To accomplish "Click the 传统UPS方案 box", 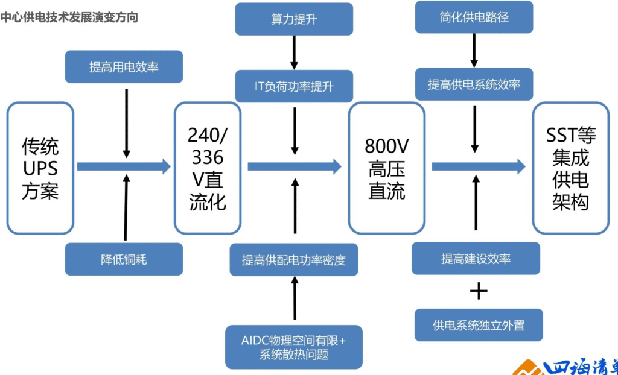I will [40, 168].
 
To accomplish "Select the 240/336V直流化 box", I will [207, 168].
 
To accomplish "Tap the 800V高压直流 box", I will [387, 168].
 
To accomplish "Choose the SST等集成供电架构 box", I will [570, 168].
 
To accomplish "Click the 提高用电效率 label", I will [124, 67].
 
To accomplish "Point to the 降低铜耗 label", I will [124, 259].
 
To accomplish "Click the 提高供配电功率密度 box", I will [294, 260].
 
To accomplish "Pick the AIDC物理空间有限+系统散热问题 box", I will [294, 347].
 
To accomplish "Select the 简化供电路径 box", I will [474, 17].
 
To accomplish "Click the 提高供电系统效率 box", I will [474, 84].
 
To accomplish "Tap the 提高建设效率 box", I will [476, 259].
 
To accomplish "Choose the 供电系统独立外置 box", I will [479, 325].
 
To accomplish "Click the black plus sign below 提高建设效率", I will [479, 292].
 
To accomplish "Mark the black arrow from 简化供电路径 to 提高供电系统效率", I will [474, 50].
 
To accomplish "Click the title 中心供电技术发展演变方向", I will [69, 17].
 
